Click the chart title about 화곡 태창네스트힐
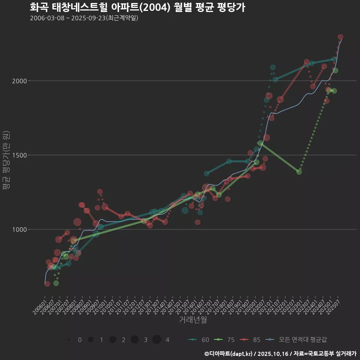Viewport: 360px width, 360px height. pos(137,7)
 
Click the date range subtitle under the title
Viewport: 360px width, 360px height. pos(84,18)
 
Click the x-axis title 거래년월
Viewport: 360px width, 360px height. pos(193,319)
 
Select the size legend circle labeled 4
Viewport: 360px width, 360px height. pos(157,340)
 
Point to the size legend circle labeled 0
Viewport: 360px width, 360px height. pos(69,340)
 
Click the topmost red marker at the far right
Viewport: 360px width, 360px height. pos(340,37)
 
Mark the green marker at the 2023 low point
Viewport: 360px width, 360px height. pos(299,172)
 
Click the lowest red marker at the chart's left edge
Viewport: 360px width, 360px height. pos(47,284)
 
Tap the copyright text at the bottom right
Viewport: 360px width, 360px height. pos(280,354)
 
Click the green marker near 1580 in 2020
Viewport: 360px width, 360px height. pos(260,143)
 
